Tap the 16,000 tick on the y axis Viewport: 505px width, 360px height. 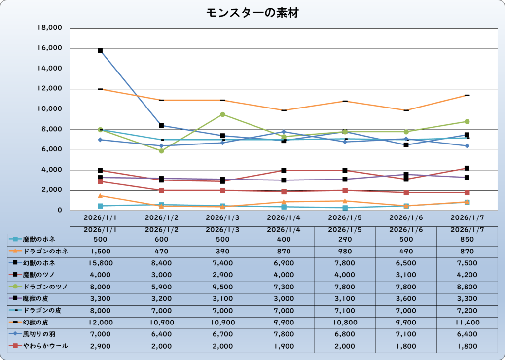coord(50,48)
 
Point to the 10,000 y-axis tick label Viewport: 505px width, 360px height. coord(50,109)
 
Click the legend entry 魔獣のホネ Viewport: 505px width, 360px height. coord(39,239)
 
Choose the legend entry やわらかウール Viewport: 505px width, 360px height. coord(39,347)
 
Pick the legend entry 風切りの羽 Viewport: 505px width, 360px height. coord(39,334)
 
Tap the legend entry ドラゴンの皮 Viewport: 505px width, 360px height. coord(39,311)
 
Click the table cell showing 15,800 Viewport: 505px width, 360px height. coord(100,263)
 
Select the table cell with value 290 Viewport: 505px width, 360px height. coord(345,239)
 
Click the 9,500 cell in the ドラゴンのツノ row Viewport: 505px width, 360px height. coord(222,287)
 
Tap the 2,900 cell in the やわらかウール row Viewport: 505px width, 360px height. coord(100,347)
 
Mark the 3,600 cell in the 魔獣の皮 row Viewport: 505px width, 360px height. coord(406,299)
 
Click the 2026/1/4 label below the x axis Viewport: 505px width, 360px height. coord(284,217)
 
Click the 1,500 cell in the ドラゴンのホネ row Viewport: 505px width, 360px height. coord(100,251)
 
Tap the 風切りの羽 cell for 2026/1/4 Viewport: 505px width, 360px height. coord(284,334)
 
